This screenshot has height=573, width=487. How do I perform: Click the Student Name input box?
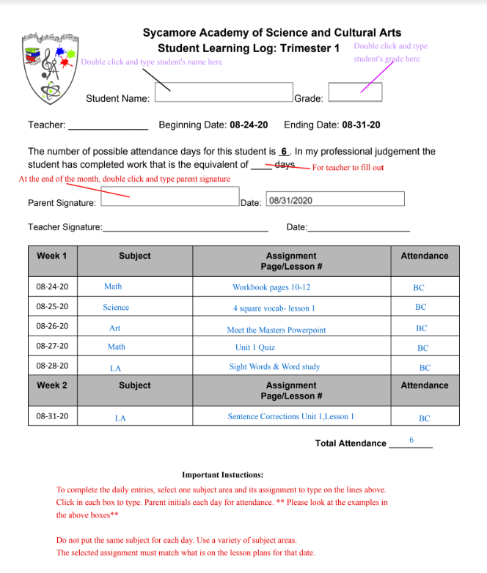[x=224, y=92]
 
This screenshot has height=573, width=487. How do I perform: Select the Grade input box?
[x=355, y=92]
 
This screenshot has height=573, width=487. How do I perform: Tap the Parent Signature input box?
[x=169, y=196]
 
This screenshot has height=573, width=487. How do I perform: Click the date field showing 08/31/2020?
[x=335, y=199]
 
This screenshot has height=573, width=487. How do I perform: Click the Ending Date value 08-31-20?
[x=361, y=125]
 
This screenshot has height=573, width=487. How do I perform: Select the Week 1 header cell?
[x=51, y=256]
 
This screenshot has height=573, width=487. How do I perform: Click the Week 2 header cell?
[x=51, y=385]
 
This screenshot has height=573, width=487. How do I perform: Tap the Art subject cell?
[x=115, y=328]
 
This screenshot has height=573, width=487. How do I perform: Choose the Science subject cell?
[x=116, y=308]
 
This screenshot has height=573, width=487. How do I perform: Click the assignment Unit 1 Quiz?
[x=255, y=347]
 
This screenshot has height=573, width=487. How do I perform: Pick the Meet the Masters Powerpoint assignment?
[x=277, y=330]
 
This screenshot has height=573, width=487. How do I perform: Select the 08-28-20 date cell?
[x=52, y=366]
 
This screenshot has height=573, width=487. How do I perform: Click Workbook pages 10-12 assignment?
[x=271, y=288]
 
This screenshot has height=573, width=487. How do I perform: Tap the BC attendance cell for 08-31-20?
[x=424, y=418]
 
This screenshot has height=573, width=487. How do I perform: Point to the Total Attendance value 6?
[x=411, y=440]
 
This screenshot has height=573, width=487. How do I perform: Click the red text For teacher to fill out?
[x=348, y=168]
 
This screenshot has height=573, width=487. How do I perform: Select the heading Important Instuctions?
[x=222, y=475]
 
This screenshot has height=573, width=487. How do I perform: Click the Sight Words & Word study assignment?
[x=274, y=367]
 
